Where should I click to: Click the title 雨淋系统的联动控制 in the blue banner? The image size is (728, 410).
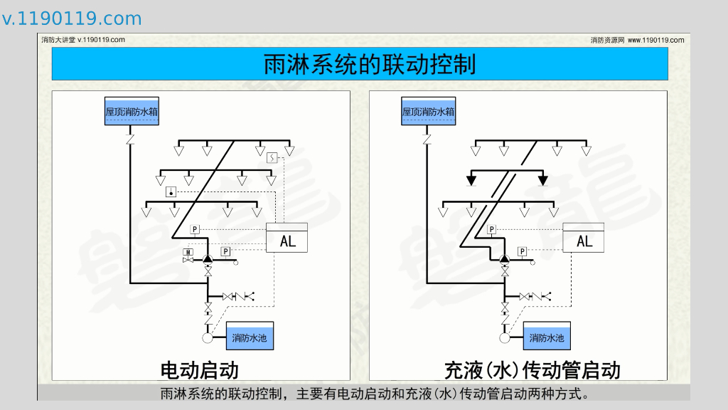369,65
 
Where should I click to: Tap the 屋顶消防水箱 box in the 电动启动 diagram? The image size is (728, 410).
132,112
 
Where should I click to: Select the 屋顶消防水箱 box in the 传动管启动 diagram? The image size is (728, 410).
429,112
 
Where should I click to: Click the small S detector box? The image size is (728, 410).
271,157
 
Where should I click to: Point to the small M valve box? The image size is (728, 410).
188,252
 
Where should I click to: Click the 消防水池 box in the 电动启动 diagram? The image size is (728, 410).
250,337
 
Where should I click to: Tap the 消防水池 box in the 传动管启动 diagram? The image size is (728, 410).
547,337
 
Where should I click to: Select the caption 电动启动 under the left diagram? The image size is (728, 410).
199,370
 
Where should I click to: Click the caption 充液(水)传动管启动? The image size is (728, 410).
532,370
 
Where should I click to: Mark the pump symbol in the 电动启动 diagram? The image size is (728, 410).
208,259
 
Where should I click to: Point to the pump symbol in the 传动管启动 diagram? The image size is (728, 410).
504,259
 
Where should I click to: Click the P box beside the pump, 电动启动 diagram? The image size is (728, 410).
225,251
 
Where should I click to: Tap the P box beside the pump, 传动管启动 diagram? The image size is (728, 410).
523,251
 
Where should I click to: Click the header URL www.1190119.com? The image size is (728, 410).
655,40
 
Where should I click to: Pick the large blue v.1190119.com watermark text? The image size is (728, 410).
72,19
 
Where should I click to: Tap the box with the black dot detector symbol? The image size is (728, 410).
171,192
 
